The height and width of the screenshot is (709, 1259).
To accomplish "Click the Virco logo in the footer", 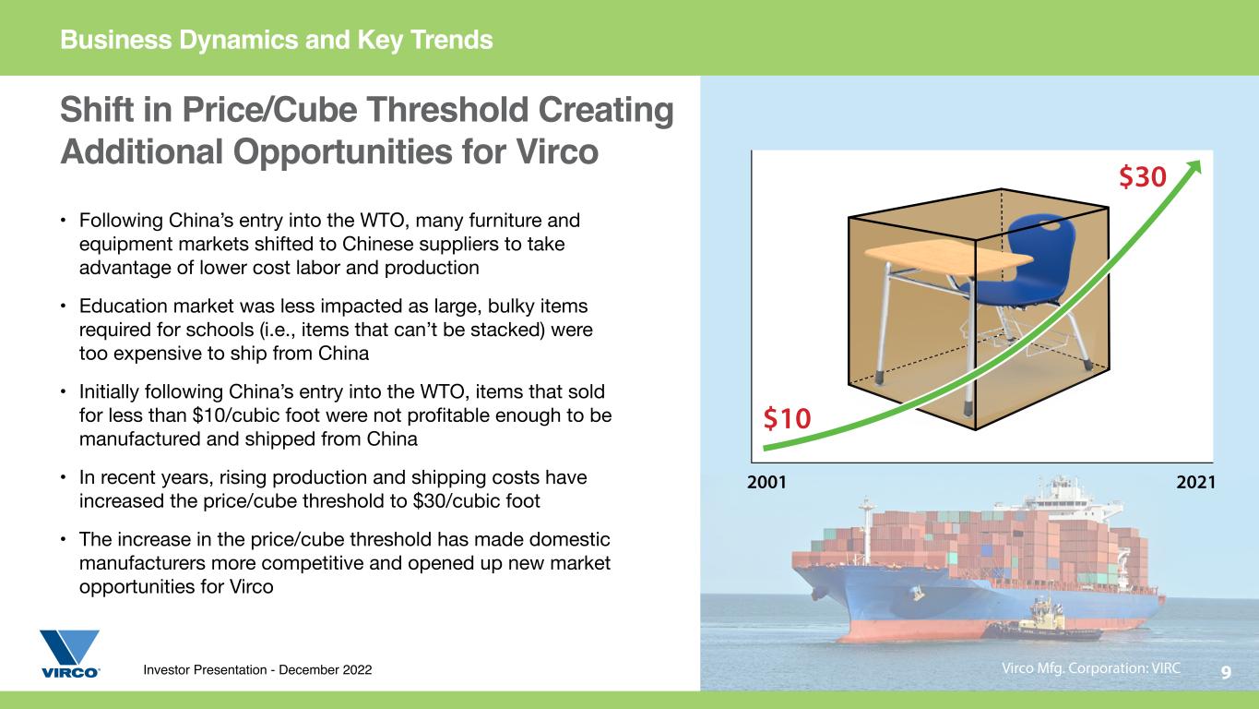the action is tap(70, 654).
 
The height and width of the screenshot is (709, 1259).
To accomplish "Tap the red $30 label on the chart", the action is tap(1143, 176).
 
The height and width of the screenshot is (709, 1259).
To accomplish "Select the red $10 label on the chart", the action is tap(787, 418).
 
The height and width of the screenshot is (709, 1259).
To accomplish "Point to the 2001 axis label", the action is tap(766, 482).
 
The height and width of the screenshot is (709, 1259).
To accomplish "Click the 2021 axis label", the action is tap(1196, 482).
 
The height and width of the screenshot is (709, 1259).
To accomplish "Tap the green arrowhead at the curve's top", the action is tap(1193, 168).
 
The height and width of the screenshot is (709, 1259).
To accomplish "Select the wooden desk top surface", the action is tap(948, 258).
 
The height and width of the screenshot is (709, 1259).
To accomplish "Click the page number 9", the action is tap(1226, 672).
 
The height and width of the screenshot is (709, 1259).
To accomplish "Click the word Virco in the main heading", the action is tap(557, 151).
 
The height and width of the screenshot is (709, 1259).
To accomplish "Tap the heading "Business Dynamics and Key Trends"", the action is tap(277, 40).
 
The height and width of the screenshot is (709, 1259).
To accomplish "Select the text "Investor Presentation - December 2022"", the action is tap(257, 669).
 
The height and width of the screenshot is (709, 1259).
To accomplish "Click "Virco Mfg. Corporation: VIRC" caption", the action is tap(1091, 668).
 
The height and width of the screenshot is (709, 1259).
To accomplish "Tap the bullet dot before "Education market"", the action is tap(64, 306).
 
